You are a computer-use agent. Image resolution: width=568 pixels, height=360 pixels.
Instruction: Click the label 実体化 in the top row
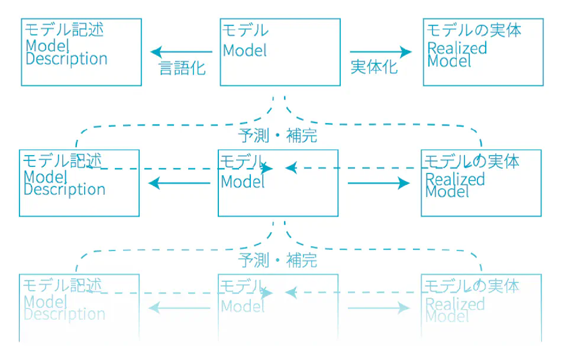(374, 67)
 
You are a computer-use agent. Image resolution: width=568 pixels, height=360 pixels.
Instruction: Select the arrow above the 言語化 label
(181, 52)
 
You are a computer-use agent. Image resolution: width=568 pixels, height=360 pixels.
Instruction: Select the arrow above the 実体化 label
(380, 52)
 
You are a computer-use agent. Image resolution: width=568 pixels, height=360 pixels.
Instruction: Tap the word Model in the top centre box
(245, 50)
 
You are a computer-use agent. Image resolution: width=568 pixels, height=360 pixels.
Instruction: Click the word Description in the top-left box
(66, 59)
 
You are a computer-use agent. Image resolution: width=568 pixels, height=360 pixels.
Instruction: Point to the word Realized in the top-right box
(457, 48)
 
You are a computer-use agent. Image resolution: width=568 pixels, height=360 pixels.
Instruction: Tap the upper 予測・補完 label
(277, 136)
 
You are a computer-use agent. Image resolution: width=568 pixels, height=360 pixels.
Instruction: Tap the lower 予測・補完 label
(277, 260)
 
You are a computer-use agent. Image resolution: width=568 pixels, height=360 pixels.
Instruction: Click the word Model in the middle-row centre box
(243, 182)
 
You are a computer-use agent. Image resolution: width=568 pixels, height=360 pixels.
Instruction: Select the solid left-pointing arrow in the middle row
(179, 184)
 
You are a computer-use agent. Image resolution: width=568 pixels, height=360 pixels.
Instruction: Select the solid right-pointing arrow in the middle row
(378, 184)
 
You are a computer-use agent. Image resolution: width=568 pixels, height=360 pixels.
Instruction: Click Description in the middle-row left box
(64, 190)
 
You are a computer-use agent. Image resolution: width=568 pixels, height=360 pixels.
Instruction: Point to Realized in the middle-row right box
(455, 179)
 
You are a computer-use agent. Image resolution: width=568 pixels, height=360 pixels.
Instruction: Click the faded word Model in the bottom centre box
(243, 306)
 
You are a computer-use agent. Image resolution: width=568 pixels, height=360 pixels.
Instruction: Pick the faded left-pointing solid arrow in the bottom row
(179, 308)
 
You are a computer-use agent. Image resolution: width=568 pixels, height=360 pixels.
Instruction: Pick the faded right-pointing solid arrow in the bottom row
(378, 308)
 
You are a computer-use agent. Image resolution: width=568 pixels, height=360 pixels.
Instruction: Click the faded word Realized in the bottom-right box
(455, 304)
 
